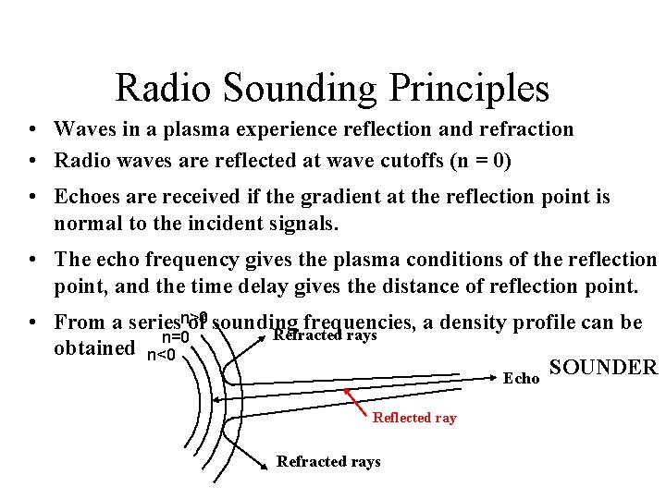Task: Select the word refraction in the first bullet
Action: (526, 129)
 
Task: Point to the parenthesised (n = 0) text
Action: (480, 161)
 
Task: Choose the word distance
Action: (413, 287)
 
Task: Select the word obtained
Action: (94, 347)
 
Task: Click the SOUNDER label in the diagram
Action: (602, 368)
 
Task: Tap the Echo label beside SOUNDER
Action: (520, 378)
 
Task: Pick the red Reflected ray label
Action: (414, 418)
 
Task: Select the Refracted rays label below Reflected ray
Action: (328, 461)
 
